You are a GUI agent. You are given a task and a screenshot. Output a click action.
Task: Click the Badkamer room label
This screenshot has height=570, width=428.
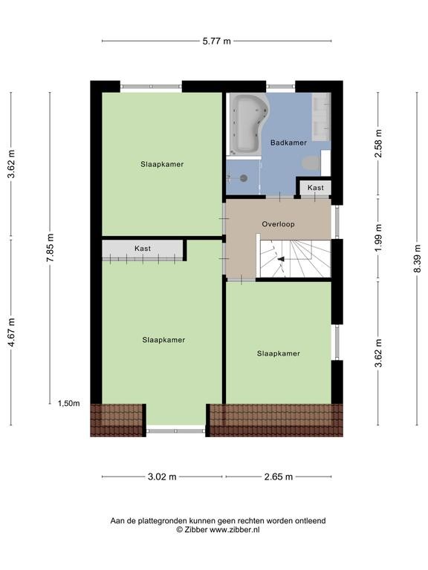pos(288,142)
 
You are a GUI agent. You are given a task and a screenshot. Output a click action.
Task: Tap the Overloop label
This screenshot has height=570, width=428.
pos(279,224)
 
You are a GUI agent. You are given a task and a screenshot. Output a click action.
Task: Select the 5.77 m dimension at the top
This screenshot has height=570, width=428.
pos(216,41)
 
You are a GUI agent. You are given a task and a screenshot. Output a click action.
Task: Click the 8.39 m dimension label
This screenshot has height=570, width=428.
pos(418,258)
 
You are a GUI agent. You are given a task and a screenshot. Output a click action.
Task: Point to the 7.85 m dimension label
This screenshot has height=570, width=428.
pos(51,248)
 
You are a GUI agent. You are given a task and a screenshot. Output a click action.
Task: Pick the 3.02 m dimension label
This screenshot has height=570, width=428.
pos(162,476)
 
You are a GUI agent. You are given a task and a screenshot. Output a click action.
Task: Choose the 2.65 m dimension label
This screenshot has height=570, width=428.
pos(279,476)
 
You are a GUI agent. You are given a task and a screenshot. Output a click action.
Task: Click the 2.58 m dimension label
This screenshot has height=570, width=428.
pos(378,143)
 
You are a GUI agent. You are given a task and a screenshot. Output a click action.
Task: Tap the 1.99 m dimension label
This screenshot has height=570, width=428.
pos(378,238)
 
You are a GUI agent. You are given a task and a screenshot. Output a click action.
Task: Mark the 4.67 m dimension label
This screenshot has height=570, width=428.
pos(12,332)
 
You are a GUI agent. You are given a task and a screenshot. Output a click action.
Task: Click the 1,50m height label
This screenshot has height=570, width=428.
pos(69,403)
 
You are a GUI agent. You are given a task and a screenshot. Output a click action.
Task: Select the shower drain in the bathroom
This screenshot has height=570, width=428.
pos(244,178)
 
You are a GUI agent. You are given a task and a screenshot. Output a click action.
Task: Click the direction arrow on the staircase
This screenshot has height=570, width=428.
pos(282,259)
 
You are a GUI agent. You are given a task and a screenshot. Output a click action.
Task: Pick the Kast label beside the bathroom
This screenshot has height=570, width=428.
pos(316,188)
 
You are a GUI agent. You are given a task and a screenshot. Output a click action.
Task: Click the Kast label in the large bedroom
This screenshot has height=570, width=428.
pos(143,249)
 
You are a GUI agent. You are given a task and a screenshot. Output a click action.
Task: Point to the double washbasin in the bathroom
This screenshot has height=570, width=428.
pos(321,117)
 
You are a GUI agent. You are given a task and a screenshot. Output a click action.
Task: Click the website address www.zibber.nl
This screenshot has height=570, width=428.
pos(235,530)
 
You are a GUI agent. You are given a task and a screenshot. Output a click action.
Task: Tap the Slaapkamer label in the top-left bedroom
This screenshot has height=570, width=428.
pos(162,164)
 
